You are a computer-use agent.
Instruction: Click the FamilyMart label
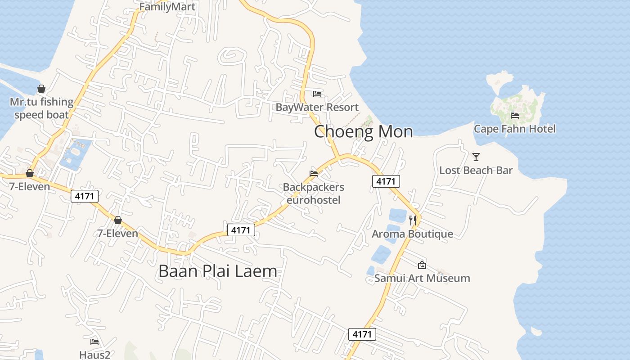pyautogui.click(x=167, y=7)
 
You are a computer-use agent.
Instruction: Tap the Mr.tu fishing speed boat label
pyautogui.click(x=41, y=108)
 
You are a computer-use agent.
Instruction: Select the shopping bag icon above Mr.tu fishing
pyautogui.click(x=41, y=89)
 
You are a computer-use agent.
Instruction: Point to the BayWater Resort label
pyautogui.click(x=317, y=107)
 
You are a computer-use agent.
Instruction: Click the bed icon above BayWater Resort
pyautogui.click(x=317, y=94)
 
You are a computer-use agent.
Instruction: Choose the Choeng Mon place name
pyautogui.click(x=363, y=131)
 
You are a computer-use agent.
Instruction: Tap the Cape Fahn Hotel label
pyautogui.click(x=514, y=129)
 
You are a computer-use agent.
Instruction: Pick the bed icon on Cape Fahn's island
pyautogui.click(x=515, y=116)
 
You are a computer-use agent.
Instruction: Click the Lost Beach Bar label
pyautogui.click(x=476, y=171)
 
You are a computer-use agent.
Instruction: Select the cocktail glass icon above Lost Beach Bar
pyautogui.click(x=476, y=157)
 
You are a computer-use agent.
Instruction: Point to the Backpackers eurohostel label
pyautogui.click(x=313, y=193)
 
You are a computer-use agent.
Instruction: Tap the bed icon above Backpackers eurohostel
pyautogui.click(x=314, y=174)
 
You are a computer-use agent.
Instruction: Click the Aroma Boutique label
pyautogui.click(x=412, y=234)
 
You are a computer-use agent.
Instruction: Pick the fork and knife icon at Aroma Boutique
pyautogui.click(x=413, y=220)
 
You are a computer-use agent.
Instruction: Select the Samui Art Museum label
pyautogui.click(x=422, y=278)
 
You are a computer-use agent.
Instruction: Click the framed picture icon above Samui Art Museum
pyautogui.click(x=422, y=265)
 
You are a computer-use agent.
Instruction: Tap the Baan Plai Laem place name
pyautogui.click(x=218, y=271)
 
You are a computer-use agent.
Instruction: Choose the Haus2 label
pyautogui.click(x=94, y=355)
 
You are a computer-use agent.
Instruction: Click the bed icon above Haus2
pyautogui.click(x=94, y=342)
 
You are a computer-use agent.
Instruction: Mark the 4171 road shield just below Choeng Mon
pyautogui.click(x=386, y=181)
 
